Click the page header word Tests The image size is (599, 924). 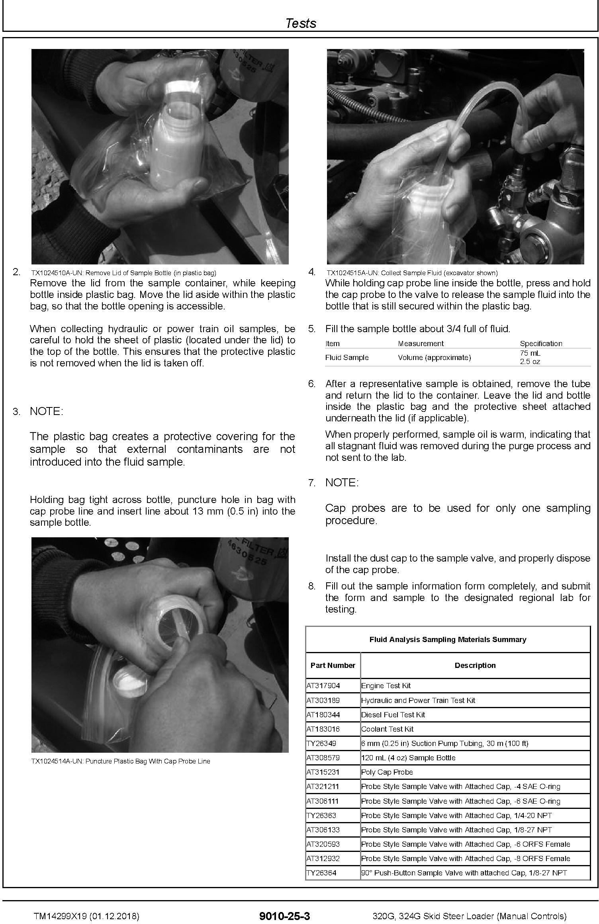tap(301, 23)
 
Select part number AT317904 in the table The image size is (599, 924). tap(323, 686)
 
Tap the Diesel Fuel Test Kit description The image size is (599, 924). tap(393, 715)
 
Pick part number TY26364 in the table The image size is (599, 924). tap(321, 873)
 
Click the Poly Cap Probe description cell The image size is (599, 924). tap(387, 772)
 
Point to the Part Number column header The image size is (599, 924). tap(333, 666)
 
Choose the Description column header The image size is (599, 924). tap(475, 666)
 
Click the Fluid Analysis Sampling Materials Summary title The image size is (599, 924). tap(448, 640)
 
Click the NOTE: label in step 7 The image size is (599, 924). tap(342, 483)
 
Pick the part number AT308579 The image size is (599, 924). tap(323, 758)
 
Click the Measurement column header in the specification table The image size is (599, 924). tap(421, 343)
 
